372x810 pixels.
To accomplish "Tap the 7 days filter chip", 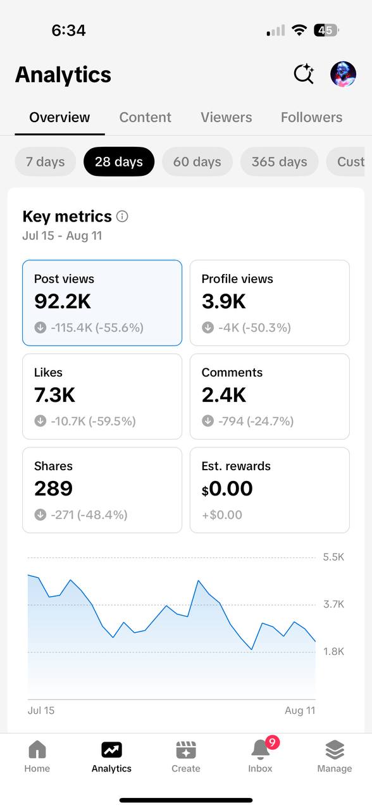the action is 45,161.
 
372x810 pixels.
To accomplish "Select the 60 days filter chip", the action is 197,161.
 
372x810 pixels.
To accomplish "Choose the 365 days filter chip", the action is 279,161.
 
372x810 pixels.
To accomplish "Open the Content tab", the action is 146,117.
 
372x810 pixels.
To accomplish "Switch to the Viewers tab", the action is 226,117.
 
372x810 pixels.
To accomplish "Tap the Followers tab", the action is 312,117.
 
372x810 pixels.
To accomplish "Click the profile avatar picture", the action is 343,74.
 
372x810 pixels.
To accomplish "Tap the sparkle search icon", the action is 304,74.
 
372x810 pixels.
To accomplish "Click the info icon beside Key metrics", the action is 122,216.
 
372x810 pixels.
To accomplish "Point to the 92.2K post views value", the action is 63,301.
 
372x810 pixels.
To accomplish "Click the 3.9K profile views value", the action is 224,301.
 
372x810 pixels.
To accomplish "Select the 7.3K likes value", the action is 54,395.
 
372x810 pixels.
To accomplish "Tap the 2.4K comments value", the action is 224,395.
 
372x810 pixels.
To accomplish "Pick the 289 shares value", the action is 54,489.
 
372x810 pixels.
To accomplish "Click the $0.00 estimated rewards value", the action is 227,489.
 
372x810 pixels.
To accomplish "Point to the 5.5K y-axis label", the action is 333,557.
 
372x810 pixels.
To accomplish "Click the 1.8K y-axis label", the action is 333,652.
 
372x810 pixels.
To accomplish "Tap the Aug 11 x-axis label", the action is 300,711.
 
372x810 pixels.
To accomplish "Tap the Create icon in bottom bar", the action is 186,750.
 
